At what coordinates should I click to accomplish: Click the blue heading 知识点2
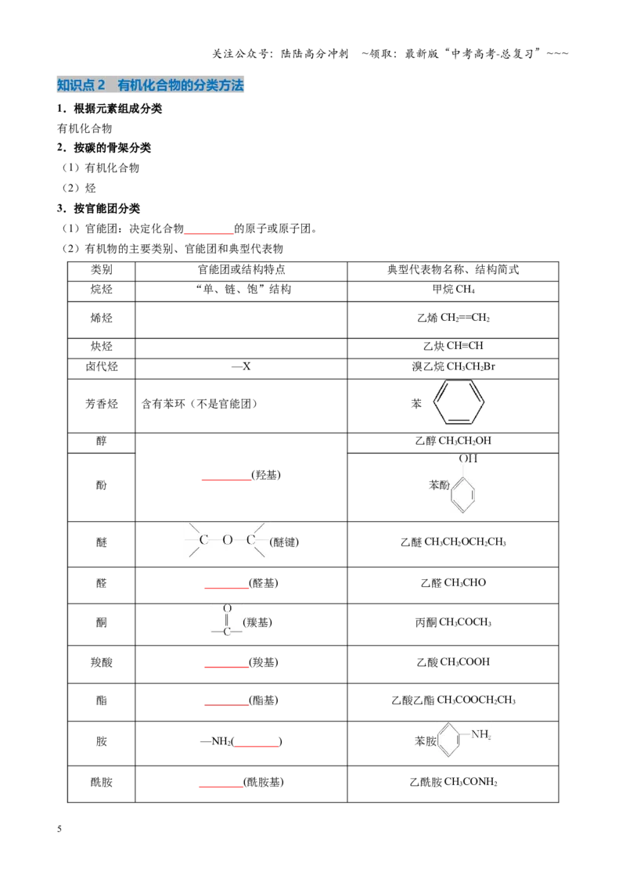click(81, 85)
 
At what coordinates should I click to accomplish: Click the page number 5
click(59, 828)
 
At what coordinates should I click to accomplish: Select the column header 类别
click(102, 269)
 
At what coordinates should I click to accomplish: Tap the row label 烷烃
click(102, 290)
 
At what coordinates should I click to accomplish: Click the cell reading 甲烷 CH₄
click(453, 290)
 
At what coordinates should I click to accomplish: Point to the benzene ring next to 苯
click(459, 402)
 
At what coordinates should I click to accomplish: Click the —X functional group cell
click(241, 366)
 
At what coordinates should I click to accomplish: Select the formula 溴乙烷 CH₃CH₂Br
click(453, 366)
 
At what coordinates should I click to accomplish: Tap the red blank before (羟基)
click(226, 479)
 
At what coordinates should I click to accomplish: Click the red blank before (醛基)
click(226, 587)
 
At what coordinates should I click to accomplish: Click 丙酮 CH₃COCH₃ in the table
click(453, 622)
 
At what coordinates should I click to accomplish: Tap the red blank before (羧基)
click(226, 666)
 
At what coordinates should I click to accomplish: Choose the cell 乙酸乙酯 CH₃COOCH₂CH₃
click(453, 700)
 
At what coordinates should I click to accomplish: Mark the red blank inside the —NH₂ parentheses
click(257, 745)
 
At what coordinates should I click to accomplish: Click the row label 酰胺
click(102, 782)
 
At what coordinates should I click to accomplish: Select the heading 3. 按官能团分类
click(99, 208)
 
